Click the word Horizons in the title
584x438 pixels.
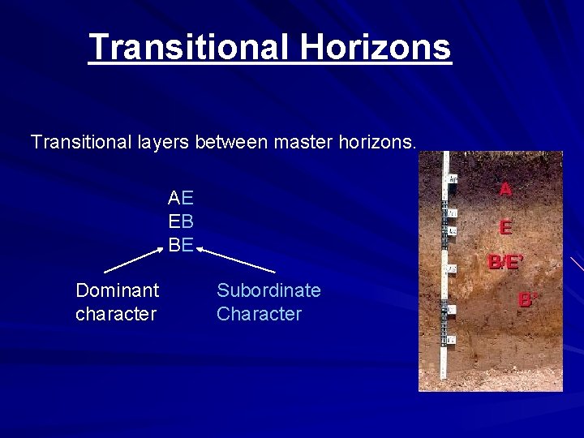375,47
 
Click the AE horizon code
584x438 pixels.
181,197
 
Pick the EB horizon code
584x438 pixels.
181,221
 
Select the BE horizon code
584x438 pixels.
181,243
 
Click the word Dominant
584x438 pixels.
117,290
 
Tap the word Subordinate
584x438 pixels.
268,290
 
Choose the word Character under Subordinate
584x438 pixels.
259,314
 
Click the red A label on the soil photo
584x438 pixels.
505,189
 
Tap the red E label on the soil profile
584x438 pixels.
505,228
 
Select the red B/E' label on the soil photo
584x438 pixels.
505,262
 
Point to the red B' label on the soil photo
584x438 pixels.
528,300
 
